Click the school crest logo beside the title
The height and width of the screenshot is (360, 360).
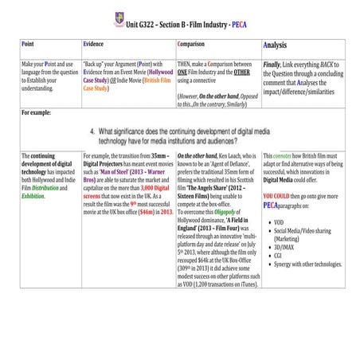(x=119, y=14)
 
